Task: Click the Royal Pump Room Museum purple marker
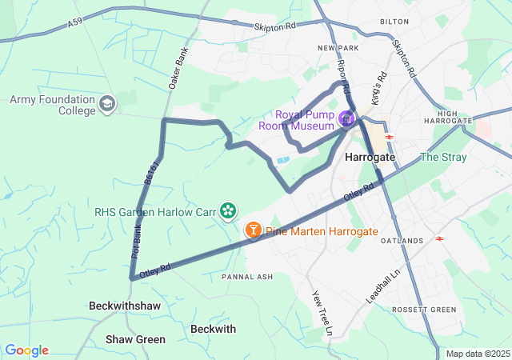click(346, 120)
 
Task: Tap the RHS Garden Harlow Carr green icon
click(229, 210)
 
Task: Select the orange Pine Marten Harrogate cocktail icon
click(253, 231)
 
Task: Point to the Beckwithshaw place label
click(125, 306)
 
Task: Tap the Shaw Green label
click(135, 339)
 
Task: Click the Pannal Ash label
click(247, 277)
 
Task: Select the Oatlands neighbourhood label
click(402, 241)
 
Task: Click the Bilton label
click(394, 22)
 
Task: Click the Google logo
click(26, 350)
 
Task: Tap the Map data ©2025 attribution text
click(477, 354)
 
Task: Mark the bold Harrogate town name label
click(370, 158)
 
